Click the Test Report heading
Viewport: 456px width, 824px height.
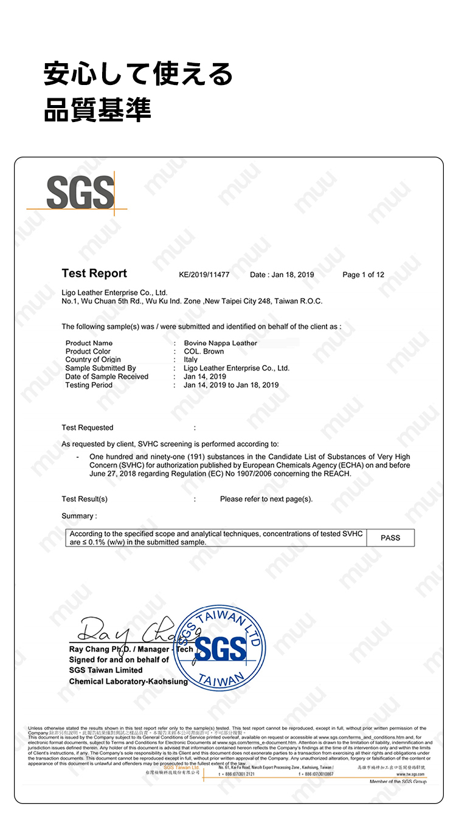94,273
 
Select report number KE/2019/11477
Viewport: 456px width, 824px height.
204,274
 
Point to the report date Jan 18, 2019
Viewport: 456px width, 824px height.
282,274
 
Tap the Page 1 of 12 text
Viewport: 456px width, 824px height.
363,274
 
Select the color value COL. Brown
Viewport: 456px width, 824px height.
204,351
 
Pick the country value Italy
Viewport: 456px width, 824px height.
190,359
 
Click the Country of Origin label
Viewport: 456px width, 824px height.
92,359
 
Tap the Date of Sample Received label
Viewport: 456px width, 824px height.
106,376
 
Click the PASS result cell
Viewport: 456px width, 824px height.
390,537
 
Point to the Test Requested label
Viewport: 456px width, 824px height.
87,427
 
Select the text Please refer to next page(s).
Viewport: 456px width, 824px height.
266,499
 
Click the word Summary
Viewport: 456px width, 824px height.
77,516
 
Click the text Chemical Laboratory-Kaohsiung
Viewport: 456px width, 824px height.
128,681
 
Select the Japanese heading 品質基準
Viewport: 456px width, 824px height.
97,109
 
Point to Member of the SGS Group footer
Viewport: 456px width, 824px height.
398,782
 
